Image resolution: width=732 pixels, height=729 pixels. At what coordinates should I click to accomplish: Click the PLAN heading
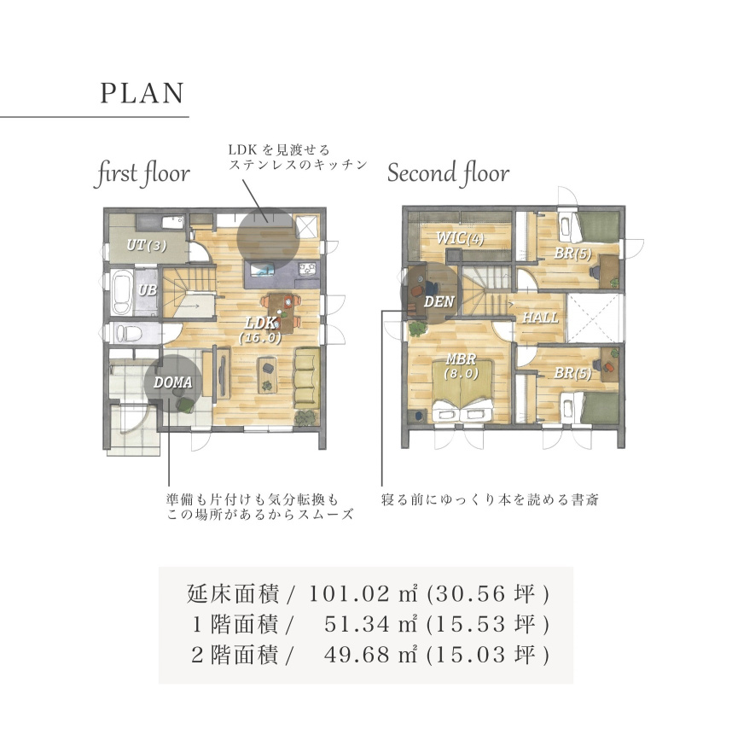tap(142, 93)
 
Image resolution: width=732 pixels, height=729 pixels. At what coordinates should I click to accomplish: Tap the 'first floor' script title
tap(142, 173)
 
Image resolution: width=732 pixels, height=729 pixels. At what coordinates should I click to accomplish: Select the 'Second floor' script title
tap(448, 173)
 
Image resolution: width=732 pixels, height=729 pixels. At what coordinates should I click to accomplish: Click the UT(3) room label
tap(147, 245)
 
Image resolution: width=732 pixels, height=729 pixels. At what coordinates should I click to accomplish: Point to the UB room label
tap(148, 290)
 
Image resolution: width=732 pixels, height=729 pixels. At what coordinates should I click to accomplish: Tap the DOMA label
tap(172, 382)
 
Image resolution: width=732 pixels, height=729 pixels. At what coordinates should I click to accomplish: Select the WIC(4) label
tap(460, 238)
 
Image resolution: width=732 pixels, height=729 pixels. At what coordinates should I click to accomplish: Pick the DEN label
tap(439, 301)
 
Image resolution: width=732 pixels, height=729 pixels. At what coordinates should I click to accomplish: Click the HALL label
tap(540, 318)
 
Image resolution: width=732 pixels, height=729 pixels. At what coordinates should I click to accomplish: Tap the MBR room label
tap(461, 359)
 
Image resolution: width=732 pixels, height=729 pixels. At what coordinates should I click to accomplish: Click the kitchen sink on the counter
tap(263, 269)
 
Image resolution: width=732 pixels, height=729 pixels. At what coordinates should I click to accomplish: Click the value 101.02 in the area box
tap(349, 593)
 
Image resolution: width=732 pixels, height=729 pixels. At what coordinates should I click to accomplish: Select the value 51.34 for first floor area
tap(357, 624)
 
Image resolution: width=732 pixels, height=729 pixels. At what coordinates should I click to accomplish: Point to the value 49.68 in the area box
tap(357, 654)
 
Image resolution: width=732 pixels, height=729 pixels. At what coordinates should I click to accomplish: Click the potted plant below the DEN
tap(418, 328)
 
